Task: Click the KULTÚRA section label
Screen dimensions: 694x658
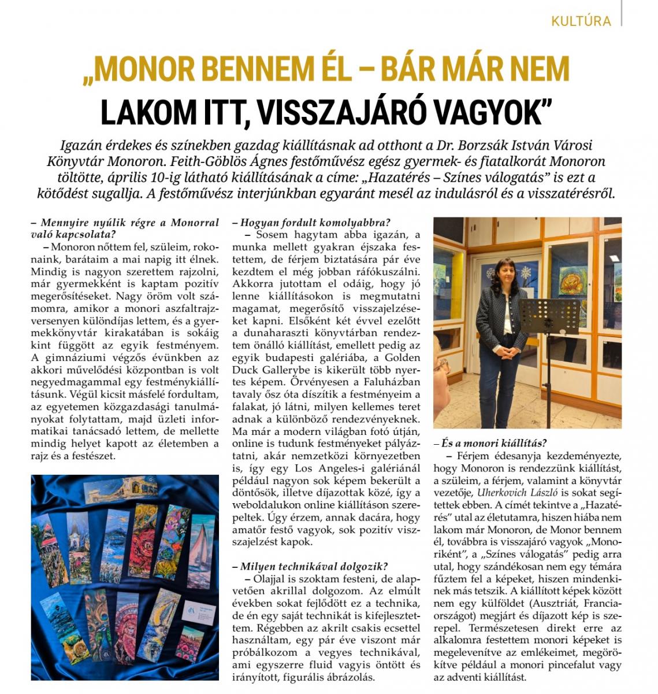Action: pyautogui.click(x=581, y=21)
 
